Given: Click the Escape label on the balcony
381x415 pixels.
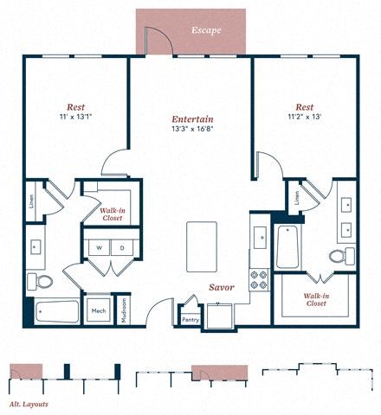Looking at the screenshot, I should point(206,29).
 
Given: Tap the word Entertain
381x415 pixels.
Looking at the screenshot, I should point(193,118).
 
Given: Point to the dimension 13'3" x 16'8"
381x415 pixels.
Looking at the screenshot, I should point(193,130).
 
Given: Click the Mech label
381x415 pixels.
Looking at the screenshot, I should point(99,310).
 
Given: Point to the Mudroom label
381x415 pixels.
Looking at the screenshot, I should point(124,310).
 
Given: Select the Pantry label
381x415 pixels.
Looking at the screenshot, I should point(190,319).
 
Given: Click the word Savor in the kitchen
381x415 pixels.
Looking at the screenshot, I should point(222,287).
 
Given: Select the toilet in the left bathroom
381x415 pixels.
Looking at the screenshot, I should point(41,280).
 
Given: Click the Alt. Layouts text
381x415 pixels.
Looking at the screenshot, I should point(29,404).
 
